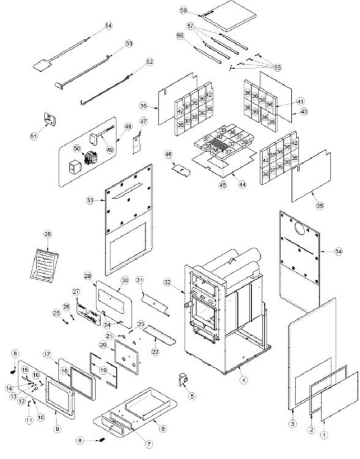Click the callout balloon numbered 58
pos(183,10)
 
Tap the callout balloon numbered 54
pos(108,25)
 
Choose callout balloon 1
pos(325,434)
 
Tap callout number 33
pos(90,200)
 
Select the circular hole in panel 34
pos(297,228)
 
